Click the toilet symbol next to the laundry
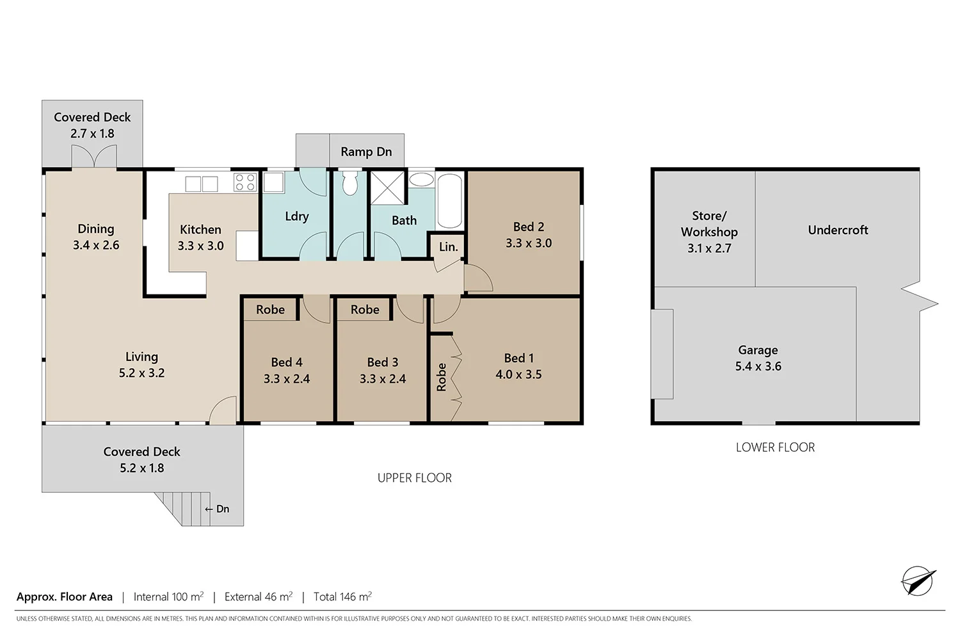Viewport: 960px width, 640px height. click(x=349, y=183)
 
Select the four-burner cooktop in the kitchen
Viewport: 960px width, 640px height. click(x=245, y=182)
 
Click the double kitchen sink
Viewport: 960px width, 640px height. click(x=202, y=184)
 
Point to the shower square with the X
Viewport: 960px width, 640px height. click(x=388, y=188)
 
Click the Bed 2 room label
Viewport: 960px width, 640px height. click(x=529, y=227)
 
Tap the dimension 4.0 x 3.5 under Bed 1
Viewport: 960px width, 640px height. click(x=518, y=374)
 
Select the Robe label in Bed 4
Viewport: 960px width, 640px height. click(x=270, y=310)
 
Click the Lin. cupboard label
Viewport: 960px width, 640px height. click(x=448, y=247)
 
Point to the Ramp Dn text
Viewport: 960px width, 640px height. click(x=366, y=152)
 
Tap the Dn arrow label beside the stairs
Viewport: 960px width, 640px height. click(x=217, y=509)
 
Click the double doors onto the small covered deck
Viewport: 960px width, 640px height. click(x=93, y=157)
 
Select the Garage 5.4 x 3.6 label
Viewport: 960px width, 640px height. click(x=758, y=358)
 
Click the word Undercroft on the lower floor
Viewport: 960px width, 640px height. click(x=838, y=230)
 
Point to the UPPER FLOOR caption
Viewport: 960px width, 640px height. click(x=414, y=478)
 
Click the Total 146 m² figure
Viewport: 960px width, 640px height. click(x=342, y=596)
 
